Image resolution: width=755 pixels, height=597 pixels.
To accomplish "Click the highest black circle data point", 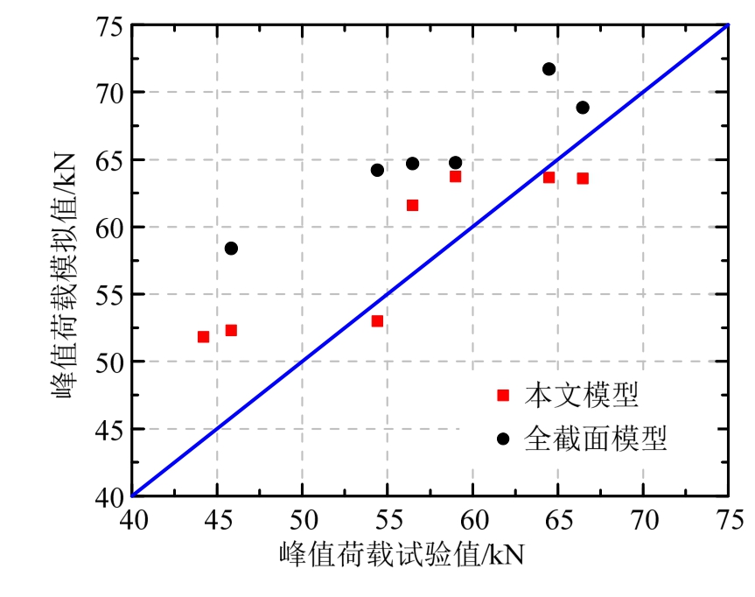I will [x=549, y=69].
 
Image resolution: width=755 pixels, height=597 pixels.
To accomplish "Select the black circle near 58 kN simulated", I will [x=231, y=249].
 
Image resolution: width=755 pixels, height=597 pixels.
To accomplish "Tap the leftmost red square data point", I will [x=203, y=337].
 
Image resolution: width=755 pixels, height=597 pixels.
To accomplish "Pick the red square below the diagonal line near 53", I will [x=377, y=321].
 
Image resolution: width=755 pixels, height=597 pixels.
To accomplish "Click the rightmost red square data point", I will [x=583, y=179].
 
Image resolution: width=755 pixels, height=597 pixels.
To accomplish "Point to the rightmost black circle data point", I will [x=583, y=108].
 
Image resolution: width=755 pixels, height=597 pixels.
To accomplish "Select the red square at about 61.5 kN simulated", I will [x=412, y=206].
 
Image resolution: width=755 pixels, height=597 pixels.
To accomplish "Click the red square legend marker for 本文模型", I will [x=502, y=396].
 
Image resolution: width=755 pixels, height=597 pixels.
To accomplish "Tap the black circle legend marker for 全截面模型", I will [x=502, y=438].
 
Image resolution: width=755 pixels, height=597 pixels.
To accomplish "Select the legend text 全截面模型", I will [x=595, y=438].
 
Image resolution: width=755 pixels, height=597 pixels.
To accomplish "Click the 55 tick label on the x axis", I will [x=388, y=520].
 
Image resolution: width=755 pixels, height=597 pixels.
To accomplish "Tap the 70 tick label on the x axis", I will [x=643, y=520].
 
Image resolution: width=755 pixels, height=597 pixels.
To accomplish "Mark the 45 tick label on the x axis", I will [x=217, y=520].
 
